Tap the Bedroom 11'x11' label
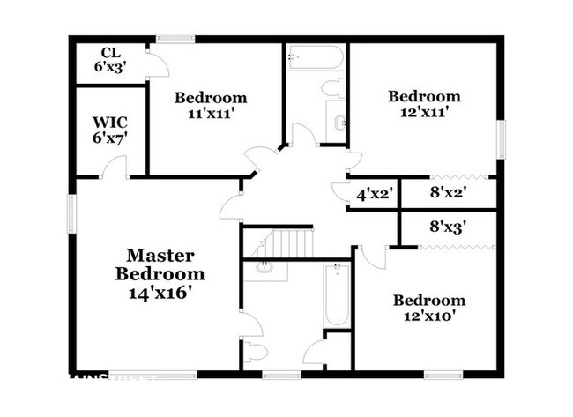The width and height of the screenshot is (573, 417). [210, 105]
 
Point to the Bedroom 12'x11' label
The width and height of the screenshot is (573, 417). [424, 104]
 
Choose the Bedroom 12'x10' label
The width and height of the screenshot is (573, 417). [428, 308]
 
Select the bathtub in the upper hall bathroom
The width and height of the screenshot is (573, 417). [314, 59]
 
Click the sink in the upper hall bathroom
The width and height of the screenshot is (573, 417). [339, 121]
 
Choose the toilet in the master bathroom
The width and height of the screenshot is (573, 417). [257, 354]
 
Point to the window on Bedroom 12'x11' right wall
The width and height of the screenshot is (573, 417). [502, 141]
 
